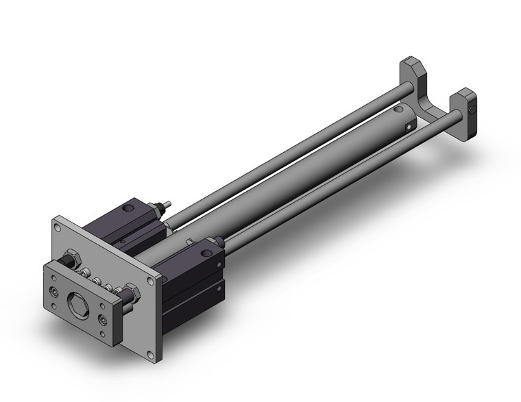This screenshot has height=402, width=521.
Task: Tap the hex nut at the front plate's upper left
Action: coord(69,261)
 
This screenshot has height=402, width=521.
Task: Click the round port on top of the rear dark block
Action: coord(130,207)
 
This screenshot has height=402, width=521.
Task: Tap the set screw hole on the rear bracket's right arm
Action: coord(472,109)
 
